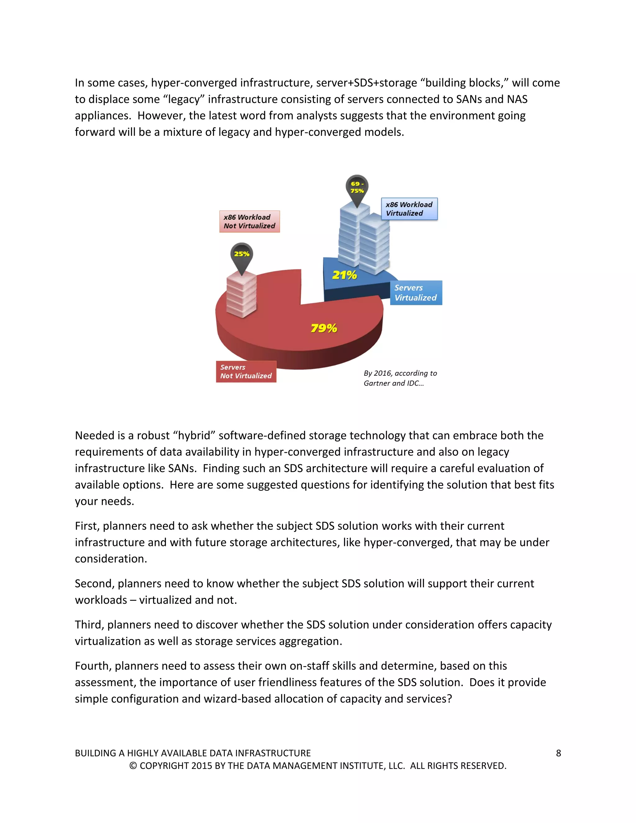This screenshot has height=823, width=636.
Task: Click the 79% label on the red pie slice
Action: [324, 328]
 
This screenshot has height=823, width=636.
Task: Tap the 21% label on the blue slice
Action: [344, 275]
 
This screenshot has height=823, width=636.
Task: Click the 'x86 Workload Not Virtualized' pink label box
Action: [249, 221]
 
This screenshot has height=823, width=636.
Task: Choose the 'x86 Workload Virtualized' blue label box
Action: [409, 209]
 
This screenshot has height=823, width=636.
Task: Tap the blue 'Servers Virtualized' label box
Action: [416, 293]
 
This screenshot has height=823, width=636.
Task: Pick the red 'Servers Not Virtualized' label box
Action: [246, 371]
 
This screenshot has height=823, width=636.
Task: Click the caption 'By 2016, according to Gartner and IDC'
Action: [400, 378]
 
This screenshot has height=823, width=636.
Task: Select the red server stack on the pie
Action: [242, 296]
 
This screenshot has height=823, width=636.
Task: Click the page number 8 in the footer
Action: [558, 753]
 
